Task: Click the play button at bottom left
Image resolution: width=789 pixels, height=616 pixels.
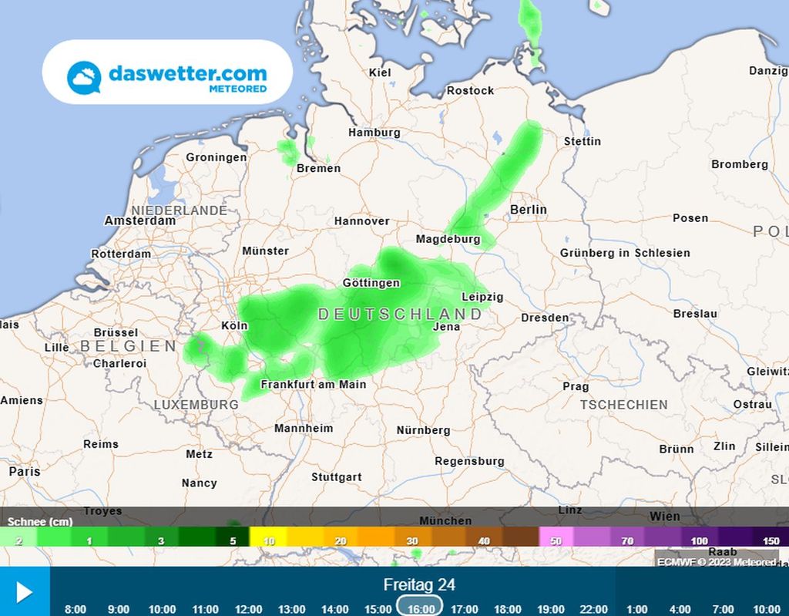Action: click(x=24, y=592)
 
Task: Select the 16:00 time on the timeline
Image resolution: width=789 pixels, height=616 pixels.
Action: click(x=421, y=609)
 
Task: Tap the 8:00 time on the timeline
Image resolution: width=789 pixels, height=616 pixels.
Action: click(x=75, y=609)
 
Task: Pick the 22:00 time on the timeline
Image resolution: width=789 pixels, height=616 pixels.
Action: click(x=593, y=609)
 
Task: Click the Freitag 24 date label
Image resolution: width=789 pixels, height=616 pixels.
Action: click(x=419, y=585)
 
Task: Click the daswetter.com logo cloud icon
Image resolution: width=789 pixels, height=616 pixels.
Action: click(x=84, y=77)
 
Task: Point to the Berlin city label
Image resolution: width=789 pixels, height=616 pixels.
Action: click(x=528, y=210)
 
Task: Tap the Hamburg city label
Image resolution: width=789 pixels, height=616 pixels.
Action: click(x=374, y=133)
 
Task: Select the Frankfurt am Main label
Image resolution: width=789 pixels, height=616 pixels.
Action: click(x=314, y=384)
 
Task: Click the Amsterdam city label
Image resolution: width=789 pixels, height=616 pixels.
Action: click(x=140, y=220)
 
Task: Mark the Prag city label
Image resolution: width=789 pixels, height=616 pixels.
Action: click(x=576, y=386)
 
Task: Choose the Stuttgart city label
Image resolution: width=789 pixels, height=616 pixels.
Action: click(x=336, y=476)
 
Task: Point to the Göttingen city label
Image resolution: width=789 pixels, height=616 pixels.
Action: click(x=371, y=283)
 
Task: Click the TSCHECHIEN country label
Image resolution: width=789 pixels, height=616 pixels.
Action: click(x=624, y=404)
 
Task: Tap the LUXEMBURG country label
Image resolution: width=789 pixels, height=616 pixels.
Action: click(x=196, y=404)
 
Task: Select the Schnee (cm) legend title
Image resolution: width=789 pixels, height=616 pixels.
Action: click(x=40, y=521)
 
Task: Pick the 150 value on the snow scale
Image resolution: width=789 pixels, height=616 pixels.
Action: click(x=771, y=541)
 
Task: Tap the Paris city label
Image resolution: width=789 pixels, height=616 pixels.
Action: click(x=24, y=471)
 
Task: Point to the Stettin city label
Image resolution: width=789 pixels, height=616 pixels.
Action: click(x=583, y=141)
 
